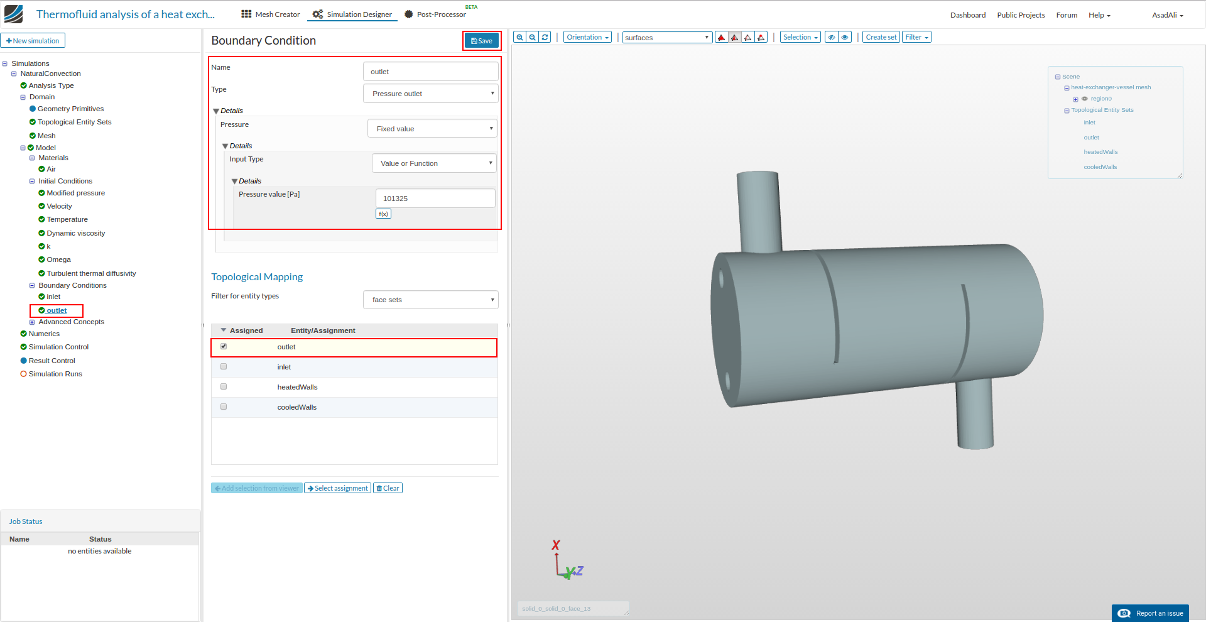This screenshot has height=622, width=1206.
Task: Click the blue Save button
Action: [x=482, y=41]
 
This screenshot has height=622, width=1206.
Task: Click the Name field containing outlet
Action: [x=431, y=72]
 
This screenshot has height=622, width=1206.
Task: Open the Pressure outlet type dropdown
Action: [x=431, y=94]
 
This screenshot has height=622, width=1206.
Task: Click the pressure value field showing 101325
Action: [x=435, y=199]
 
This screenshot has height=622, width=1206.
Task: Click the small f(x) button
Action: [x=383, y=214]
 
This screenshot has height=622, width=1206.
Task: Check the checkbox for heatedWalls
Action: [x=224, y=387]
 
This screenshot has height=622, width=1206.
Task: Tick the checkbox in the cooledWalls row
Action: [x=224, y=407]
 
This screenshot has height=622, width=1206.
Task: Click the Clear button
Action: [x=388, y=488]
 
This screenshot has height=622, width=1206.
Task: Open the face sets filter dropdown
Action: [x=431, y=300]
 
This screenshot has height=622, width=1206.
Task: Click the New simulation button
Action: [x=33, y=41]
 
